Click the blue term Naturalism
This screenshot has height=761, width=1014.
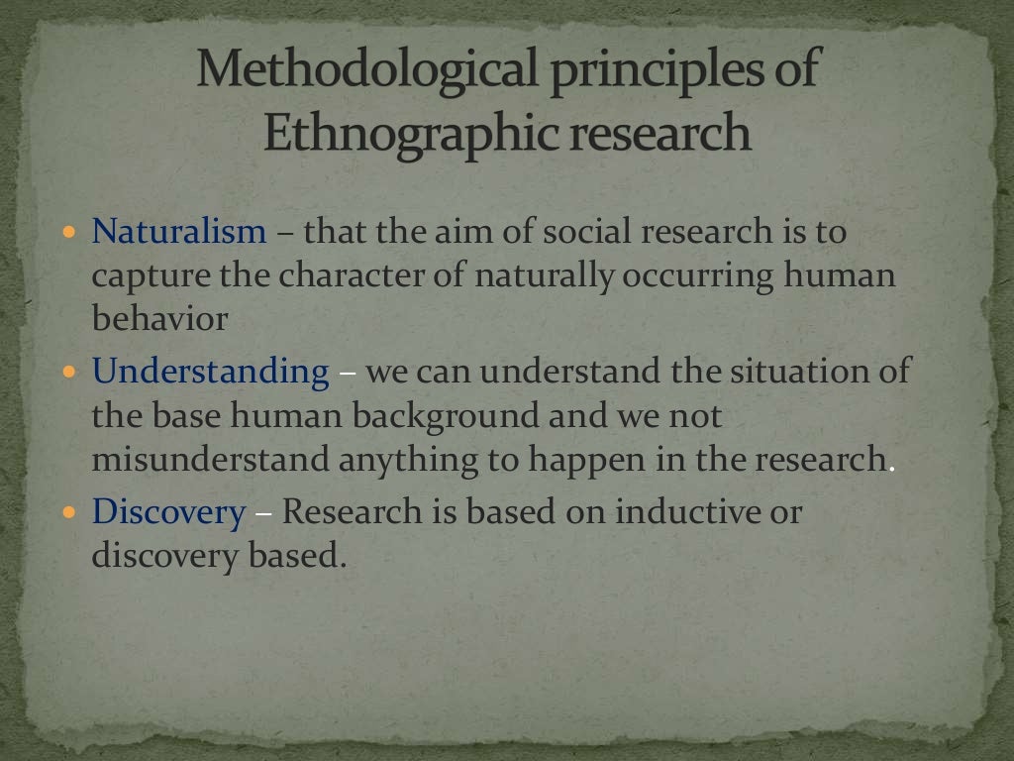tap(179, 232)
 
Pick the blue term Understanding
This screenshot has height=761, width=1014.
tap(210, 373)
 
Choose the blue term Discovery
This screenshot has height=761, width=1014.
tap(168, 512)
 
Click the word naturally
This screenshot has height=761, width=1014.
tap(545, 276)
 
